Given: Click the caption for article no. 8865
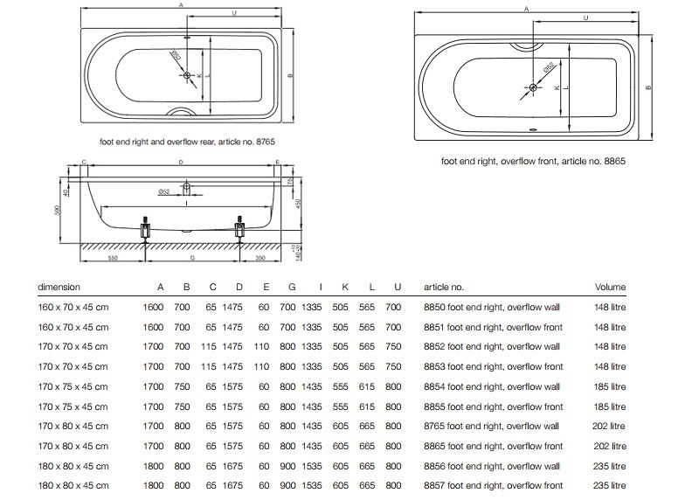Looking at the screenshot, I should click(x=534, y=162).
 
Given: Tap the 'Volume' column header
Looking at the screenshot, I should click(x=610, y=287).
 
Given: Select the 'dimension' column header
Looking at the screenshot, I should click(x=59, y=287).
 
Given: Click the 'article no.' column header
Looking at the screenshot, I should click(x=443, y=287).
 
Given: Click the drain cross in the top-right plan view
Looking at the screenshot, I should click(x=532, y=87).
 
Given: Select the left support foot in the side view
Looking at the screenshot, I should click(x=145, y=232).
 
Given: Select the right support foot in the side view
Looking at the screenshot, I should click(x=240, y=232).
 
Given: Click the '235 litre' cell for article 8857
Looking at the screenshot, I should click(x=609, y=485).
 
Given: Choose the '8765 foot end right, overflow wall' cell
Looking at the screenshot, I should click(x=491, y=426).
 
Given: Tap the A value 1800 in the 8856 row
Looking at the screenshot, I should click(x=154, y=466).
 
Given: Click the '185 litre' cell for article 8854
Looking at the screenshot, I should click(x=609, y=386).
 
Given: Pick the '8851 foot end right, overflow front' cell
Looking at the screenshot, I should click(x=492, y=327).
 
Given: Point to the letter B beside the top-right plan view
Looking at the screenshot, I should click(x=648, y=87).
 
